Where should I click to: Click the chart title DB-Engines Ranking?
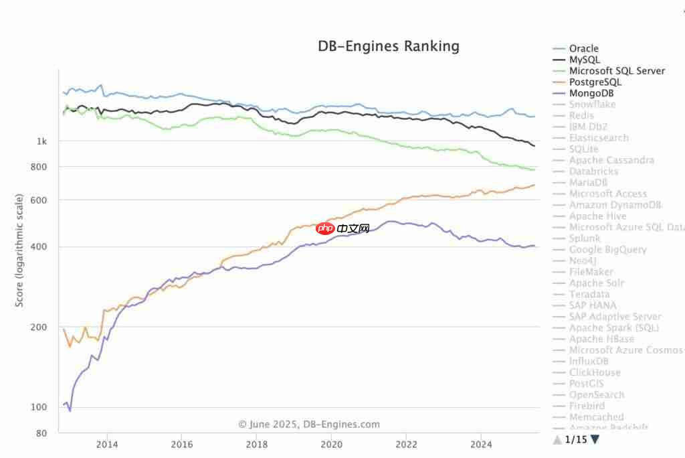[388, 46]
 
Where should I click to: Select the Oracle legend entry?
[583, 48]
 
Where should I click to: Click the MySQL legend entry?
[584, 60]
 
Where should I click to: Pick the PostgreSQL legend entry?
[595, 82]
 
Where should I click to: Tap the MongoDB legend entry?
[591, 93]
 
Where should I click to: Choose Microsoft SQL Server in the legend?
[617, 71]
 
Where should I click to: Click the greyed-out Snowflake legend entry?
[592, 104]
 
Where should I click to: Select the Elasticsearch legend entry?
[599, 138]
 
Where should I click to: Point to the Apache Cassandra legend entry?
[611, 160]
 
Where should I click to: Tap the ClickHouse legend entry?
[595, 372]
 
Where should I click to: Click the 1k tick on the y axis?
[42, 141]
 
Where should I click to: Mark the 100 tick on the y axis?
[40, 407]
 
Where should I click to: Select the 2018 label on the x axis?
[256, 444]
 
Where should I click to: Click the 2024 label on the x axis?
[481, 444]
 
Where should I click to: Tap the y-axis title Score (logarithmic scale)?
[19, 250]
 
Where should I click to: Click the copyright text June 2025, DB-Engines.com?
[309, 424]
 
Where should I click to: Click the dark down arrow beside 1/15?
[595, 440]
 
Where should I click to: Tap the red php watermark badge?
[325, 229]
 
